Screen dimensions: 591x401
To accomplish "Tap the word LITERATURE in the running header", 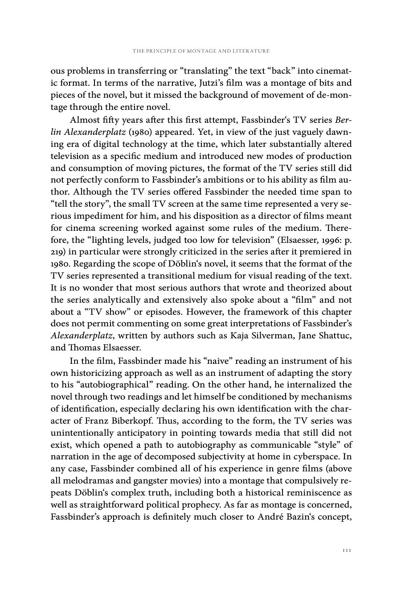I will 252,51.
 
